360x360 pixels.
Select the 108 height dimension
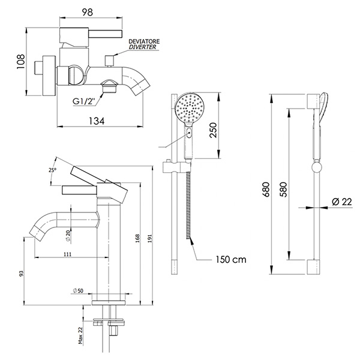20,62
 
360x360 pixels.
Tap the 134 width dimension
97,121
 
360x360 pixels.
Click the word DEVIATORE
144,41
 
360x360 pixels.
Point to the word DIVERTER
142,47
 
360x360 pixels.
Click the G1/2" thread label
84,101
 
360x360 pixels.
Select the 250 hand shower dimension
213,130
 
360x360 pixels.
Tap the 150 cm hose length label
231,260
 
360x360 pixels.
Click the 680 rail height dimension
266,190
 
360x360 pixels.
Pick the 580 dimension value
284,190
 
